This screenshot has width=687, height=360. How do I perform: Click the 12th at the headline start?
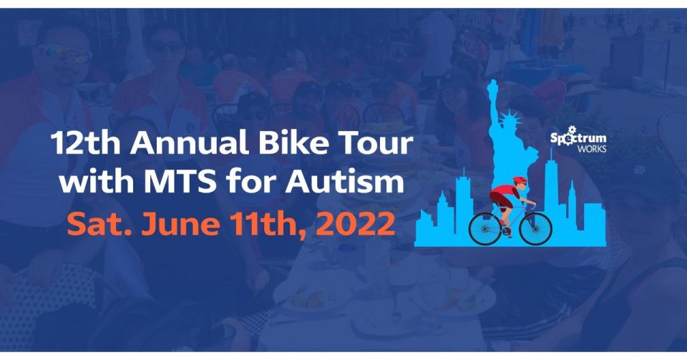[85, 142]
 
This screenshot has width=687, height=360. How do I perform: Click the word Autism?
[344, 181]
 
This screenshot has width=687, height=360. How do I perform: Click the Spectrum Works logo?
[578, 140]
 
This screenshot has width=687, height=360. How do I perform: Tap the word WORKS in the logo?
[592, 149]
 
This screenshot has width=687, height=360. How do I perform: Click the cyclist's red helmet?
[520, 180]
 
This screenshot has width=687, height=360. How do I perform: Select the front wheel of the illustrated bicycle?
[535, 228]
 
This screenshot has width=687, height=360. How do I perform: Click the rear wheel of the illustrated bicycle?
[485, 228]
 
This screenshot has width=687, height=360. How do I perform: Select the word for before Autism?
[251, 181]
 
